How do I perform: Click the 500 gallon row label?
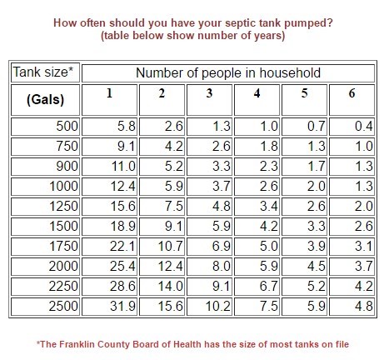pyautogui.click(x=45, y=127)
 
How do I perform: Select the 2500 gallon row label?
pyautogui.click(x=45, y=307)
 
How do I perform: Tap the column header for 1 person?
pyautogui.click(x=109, y=100)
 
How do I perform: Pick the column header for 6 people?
pyautogui.click(x=352, y=100)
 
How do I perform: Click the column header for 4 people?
pyautogui.click(x=257, y=100)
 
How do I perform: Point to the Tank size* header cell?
pyautogui.click(x=45, y=72)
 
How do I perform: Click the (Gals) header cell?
pyautogui.click(x=45, y=100)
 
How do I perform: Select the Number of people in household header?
pyautogui.click(x=228, y=73)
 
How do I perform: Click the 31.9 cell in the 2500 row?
pyautogui.click(x=109, y=307)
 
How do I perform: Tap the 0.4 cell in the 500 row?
pyautogui.click(x=352, y=127)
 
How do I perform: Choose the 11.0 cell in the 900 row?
pyautogui.click(x=109, y=167)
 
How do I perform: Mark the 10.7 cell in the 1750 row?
pyautogui.click(x=162, y=247)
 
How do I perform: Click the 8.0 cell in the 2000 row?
pyautogui.click(x=209, y=267)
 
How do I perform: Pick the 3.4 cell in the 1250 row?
pyautogui.click(x=257, y=207)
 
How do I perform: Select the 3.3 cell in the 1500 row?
pyautogui.click(x=304, y=227)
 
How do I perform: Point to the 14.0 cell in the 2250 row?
pyautogui.click(x=162, y=287)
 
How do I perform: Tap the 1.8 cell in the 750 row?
pyautogui.click(x=257, y=147)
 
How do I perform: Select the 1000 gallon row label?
pyautogui.click(x=45, y=187)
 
